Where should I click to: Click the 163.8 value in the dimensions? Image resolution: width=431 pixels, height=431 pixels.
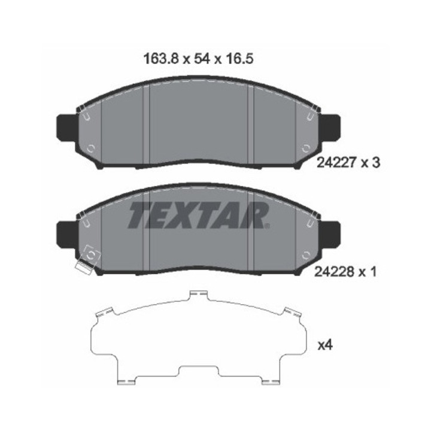(x=157, y=59)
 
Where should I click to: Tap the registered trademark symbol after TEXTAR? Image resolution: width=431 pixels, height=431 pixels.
(x=267, y=226)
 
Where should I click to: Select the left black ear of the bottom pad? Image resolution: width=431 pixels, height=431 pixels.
(x=65, y=234)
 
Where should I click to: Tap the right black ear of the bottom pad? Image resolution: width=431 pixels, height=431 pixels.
(x=330, y=234)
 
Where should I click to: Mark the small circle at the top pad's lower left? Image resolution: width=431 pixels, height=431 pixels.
(x=91, y=150)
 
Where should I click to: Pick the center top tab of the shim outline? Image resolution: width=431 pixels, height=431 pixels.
(x=198, y=295)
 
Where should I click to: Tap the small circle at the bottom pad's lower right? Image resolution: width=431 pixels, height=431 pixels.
(x=306, y=257)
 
